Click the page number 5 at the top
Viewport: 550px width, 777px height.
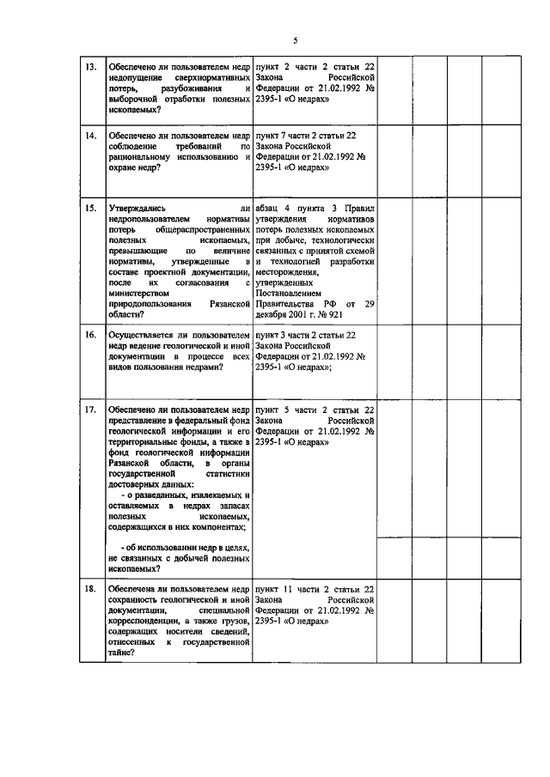pos(294,40)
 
